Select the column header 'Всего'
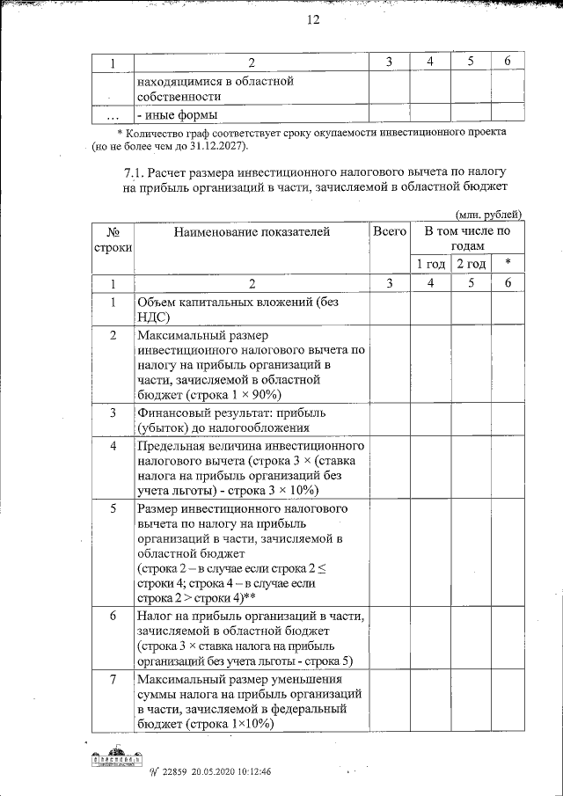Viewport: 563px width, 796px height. click(x=390, y=231)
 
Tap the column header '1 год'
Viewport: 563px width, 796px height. click(x=430, y=264)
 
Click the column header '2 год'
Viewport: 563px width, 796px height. click(x=471, y=264)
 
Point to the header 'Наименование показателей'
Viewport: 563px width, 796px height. click(x=251, y=232)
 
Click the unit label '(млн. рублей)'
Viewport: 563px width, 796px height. click(x=489, y=214)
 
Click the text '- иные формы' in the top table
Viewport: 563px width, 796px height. click(x=176, y=114)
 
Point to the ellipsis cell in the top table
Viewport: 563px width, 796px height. click(x=113, y=114)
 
